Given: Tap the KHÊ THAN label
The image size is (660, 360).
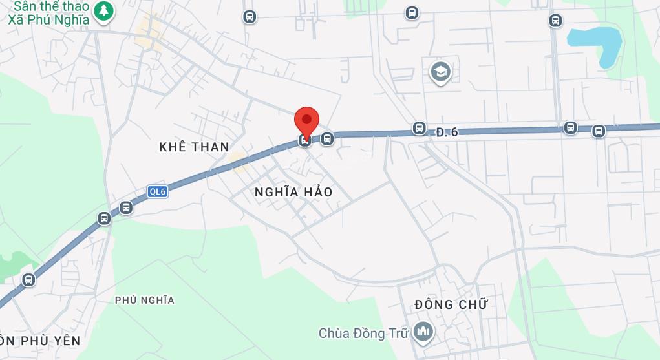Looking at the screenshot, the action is tap(194, 147).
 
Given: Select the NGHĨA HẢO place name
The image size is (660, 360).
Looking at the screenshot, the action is tap(293, 192).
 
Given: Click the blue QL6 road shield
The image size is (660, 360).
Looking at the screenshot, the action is tap(157, 191).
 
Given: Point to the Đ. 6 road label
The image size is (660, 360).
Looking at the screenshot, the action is tap(447, 132).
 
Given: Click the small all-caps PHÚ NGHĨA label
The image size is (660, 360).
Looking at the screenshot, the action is tap(145, 300).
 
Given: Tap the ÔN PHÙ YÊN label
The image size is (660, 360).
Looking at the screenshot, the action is tap(40, 341).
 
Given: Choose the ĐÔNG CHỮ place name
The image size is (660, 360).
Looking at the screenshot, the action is tap(451, 304).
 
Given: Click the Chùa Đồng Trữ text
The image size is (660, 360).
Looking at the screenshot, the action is tap(364, 334).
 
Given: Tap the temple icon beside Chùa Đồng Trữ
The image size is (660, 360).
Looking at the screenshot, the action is tap(424, 332).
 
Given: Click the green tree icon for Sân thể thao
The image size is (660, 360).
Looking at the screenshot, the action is tap(103, 10).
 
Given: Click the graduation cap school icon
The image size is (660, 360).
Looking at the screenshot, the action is tap(440, 71).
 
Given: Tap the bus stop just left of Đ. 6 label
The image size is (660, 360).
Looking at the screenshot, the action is tap(420, 129).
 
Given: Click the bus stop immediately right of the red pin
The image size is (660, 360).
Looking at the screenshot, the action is tap(327, 138).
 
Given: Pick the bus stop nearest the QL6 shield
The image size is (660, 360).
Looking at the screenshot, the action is tap(126, 207).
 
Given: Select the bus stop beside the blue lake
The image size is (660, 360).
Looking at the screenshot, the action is tap(555, 21).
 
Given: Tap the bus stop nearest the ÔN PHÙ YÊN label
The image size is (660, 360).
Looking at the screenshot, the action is tap(28, 280).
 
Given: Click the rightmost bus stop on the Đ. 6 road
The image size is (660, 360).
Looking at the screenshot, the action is tap(599, 131).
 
